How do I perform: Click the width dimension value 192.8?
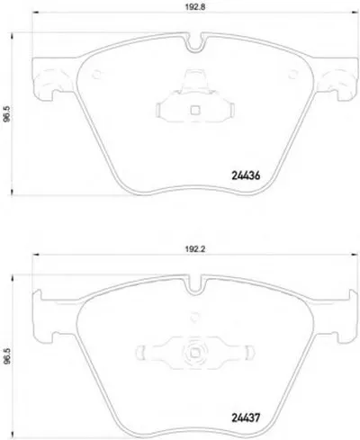pyautogui.click(x=195, y=7)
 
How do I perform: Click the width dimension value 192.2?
pyautogui.click(x=194, y=249)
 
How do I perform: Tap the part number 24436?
pyautogui.click(x=246, y=175)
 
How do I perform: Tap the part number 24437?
pyautogui.click(x=246, y=418)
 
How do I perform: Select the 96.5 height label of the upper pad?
pyautogui.click(x=6, y=114)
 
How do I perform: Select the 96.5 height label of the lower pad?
pyautogui.click(x=6, y=356)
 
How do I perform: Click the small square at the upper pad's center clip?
pyautogui.click(x=195, y=111)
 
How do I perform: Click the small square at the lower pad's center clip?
pyautogui.click(x=195, y=353)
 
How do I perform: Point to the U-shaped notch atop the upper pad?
pyautogui.click(x=196, y=42)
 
